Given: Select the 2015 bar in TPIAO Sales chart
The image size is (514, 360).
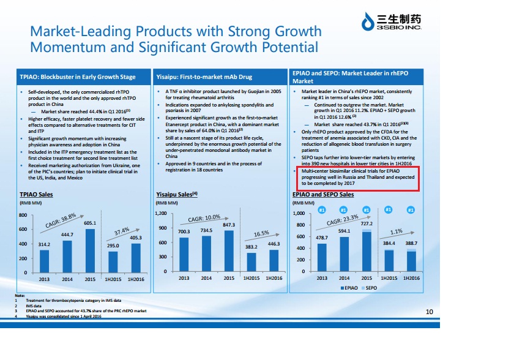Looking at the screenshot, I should pyautogui.click(x=89, y=251).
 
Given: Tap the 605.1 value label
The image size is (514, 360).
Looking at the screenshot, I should pyautogui.click(x=89, y=223).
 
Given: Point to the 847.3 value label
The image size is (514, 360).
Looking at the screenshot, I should pyautogui.click(x=229, y=225).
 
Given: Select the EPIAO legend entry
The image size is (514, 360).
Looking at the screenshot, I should pyautogui.click(x=349, y=287).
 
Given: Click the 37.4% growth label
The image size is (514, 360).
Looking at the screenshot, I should pyautogui.click(x=122, y=231).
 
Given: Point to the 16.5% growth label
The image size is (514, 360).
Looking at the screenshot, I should pyautogui.click(x=262, y=233).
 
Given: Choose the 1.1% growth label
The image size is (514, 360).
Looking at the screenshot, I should pyautogui.click(x=397, y=232).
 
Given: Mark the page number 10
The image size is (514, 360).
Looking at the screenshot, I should pyautogui.click(x=429, y=312).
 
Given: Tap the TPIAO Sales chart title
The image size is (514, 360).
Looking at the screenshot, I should pyautogui.click(x=36, y=195).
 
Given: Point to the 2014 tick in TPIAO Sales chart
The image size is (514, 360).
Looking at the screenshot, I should pyautogui.click(x=67, y=279).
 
